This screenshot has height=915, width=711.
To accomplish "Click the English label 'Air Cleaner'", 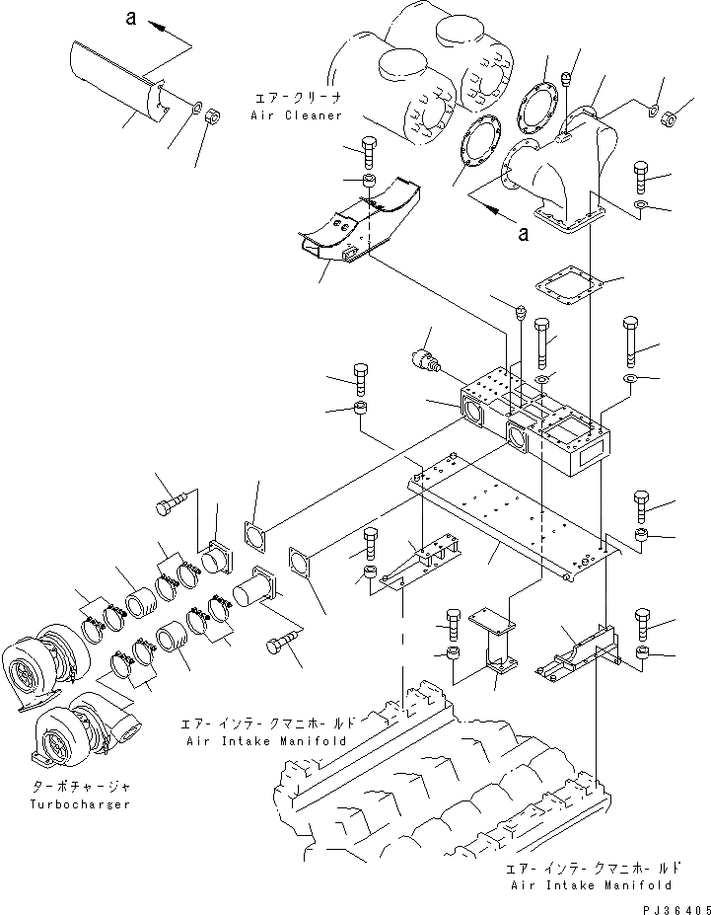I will tap(296, 115).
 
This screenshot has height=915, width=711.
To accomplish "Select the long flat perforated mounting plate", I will tap(513, 518).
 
